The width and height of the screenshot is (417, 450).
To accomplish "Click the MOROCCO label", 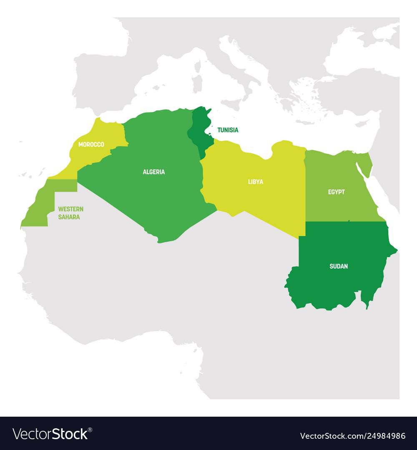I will (91, 144).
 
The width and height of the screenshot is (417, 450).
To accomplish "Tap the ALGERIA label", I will (153, 172).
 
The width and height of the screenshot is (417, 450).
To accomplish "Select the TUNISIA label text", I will (227, 130).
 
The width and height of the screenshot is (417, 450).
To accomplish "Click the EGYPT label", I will (336, 192).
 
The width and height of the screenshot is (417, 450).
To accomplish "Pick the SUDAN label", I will (338, 266).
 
